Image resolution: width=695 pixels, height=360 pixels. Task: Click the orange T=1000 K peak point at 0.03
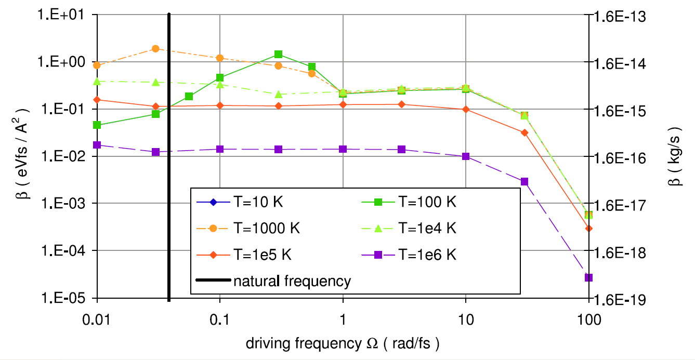[x=155, y=48]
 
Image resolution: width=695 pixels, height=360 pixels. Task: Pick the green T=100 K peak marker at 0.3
[x=279, y=54]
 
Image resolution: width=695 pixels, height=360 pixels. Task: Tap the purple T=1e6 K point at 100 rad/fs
[x=588, y=277]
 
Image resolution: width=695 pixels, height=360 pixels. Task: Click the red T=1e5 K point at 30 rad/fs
[x=524, y=132]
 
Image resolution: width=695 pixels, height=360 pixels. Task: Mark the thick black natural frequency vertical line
[x=169, y=156]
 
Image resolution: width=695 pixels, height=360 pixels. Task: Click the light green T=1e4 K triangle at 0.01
[x=97, y=81]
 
